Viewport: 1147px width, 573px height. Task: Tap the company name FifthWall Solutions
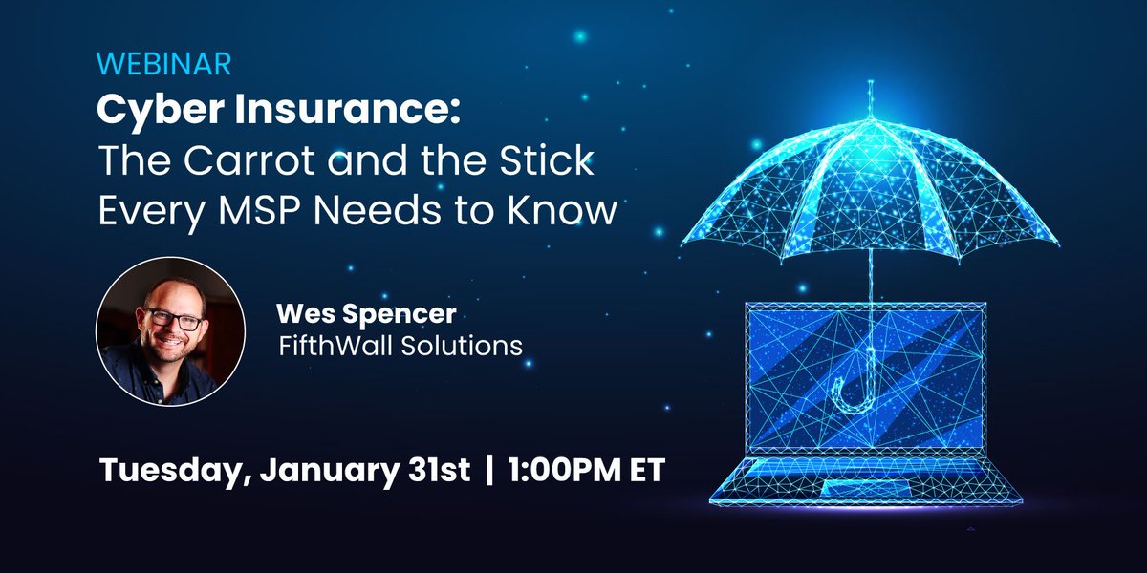[399, 344]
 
